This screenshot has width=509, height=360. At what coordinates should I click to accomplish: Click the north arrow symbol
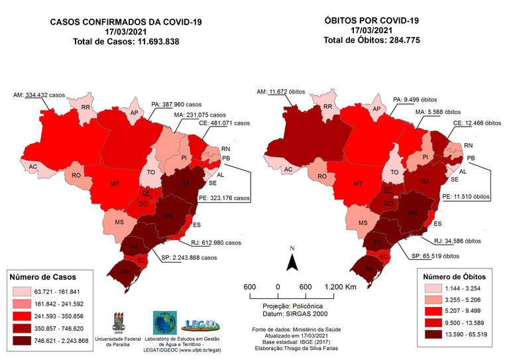(x=290, y=261)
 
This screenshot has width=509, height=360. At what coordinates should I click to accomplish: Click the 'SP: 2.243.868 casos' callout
(x=190, y=258)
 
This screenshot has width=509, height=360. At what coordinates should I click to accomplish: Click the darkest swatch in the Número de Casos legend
(x=23, y=340)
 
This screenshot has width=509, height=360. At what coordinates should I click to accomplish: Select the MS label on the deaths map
(x=364, y=223)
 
